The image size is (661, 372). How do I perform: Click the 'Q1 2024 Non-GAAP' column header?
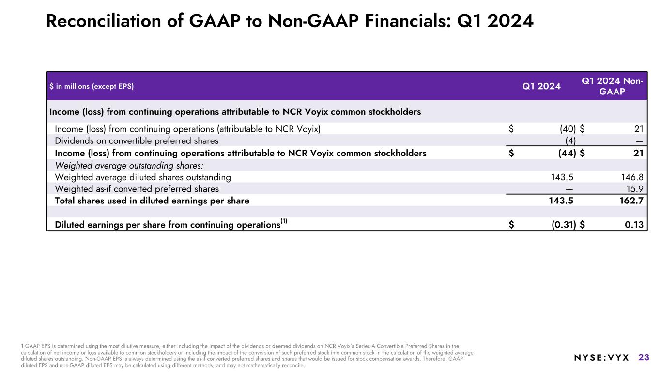pos(612,86)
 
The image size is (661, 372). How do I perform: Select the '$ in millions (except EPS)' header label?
pos(92,87)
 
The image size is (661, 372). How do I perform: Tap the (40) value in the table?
pos(564,129)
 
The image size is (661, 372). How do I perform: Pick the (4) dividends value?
pos(570,141)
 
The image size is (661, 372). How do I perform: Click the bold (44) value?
pos(564,153)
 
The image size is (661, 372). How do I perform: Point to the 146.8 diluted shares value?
pos(632,177)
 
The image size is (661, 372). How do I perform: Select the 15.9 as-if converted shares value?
pos(635,189)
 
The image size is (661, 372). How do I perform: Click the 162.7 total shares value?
pos(632,201)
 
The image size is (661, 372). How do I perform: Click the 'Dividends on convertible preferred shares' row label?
pos(137,141)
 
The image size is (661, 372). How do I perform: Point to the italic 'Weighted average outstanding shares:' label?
pos(129,165)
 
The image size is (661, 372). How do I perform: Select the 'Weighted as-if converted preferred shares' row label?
pos(137,189)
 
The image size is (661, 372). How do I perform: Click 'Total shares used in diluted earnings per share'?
pos(152,201)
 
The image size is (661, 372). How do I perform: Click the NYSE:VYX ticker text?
pos(601,358)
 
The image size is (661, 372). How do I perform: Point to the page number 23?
pos(644,358)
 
